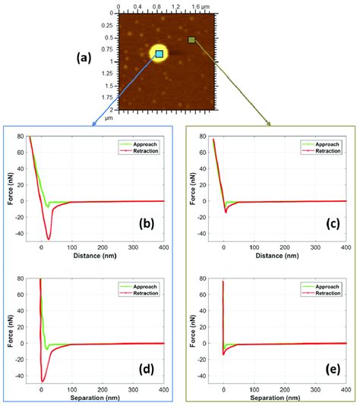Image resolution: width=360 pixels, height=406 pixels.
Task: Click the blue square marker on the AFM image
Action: tap(159, 54)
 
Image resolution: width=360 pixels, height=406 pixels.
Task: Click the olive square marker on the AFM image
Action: tap(192, 39)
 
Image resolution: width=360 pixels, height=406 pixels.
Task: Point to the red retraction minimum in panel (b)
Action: tap(49, 239)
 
